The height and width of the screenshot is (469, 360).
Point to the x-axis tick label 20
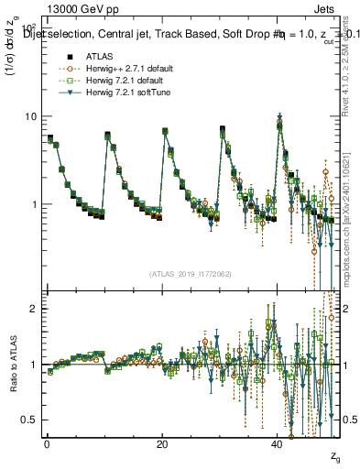click(x=161, y=444)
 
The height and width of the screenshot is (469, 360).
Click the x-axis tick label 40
click(x=277, y=444)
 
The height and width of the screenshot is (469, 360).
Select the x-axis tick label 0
click(x=47, y=444)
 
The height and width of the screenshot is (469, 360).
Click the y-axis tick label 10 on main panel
click(x=27, y=116)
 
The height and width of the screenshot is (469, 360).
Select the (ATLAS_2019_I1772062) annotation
click(x=190, y=273)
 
